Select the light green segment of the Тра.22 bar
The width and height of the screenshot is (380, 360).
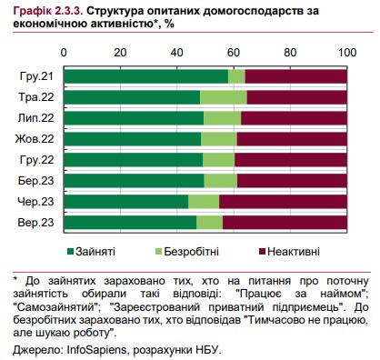[223, 96]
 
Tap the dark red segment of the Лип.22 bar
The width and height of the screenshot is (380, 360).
[294, 117]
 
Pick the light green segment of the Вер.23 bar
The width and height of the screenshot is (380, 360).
[209, 222]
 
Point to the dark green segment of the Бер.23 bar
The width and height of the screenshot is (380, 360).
[135, 180]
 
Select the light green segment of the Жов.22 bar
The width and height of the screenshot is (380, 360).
[218, 138]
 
